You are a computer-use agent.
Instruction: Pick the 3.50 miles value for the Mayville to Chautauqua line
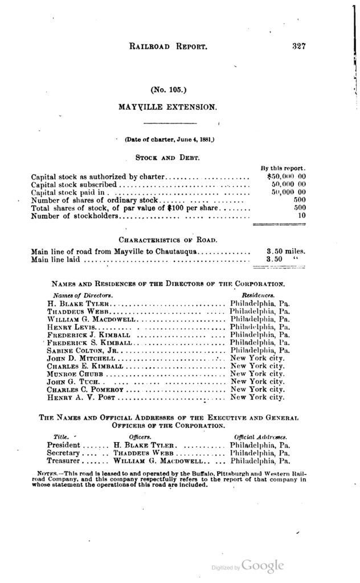287,251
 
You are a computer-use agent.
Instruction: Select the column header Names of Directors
79,296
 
